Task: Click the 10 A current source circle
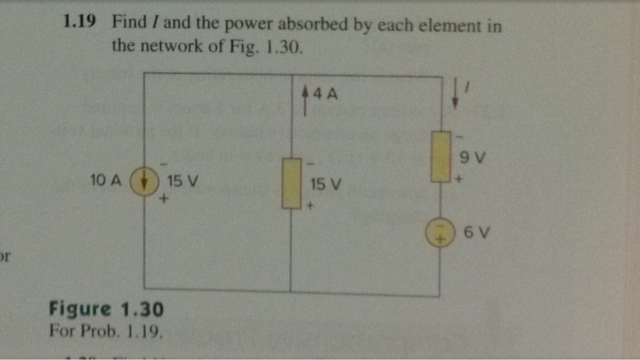click(x=144, y=180)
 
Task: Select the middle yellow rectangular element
click(x=291, y=184)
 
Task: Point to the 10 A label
click(x=106, y=180)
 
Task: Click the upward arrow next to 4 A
click(x=304, y=94)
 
